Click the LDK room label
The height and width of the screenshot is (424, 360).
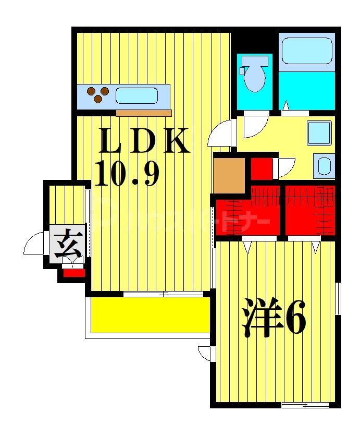point(143,141)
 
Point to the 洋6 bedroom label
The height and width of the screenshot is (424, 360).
point(274,318)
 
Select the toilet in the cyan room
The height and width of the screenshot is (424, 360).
point(254,74)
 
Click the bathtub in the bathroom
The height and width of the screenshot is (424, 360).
point(306,52)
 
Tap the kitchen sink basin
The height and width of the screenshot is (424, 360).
point(136,95)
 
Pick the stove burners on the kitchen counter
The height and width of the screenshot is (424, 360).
point(98,94)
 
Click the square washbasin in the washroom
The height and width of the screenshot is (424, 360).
point(319,133)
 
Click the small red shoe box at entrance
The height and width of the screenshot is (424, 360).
point(73,272)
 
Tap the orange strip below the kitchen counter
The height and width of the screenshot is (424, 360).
point(144,113)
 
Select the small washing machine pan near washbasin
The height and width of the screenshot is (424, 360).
point(324,165)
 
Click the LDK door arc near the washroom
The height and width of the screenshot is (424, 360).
point(221,134)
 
